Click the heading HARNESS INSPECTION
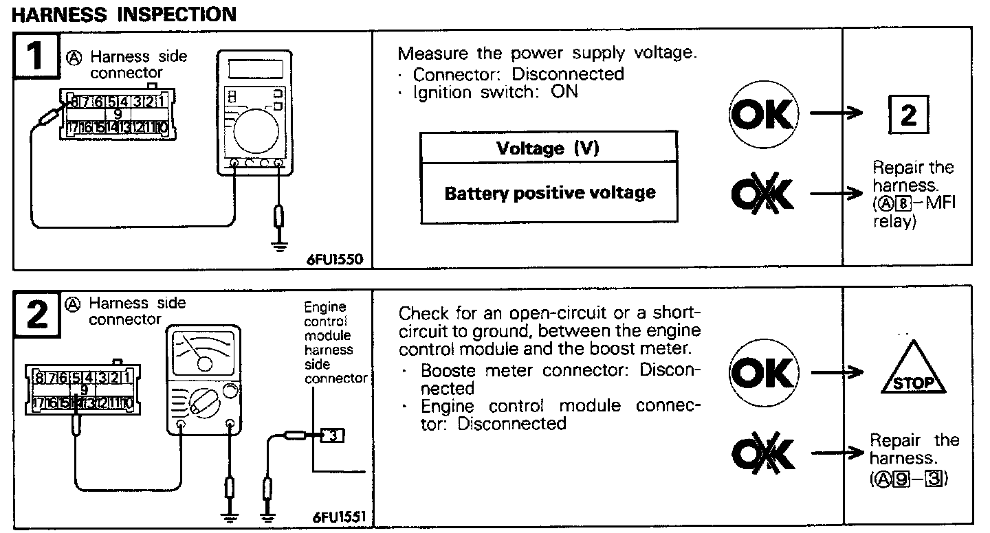(124, 14)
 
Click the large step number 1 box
(35, 56)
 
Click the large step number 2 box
(36, 314)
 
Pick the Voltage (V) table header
(548, 149)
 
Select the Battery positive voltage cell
(549, 193)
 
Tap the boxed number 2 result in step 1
(908, 116)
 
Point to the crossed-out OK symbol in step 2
(762, 452)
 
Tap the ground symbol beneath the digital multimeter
(278, 244)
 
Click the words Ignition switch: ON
(495, 91)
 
